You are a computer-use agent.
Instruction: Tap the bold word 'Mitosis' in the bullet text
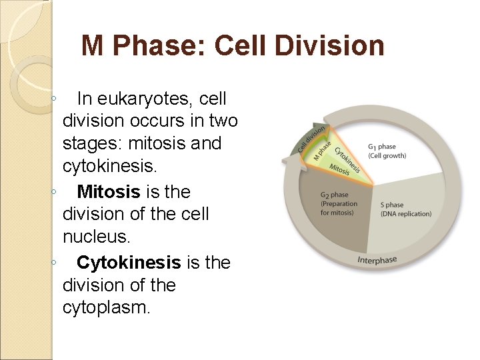pyautogui.click(x=109, y=192)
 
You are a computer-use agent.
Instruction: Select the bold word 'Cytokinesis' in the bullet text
pyautogui.click(x=129, y=263)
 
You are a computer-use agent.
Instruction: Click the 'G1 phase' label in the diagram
pyautogui.click(x=382, y=146)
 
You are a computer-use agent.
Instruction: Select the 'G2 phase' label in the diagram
pyautogui.click(x=335, y=195)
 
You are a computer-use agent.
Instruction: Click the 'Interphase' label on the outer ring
pyautogui.click(x=377, y=259)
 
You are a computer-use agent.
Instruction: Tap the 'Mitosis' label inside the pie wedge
pyautogui.click(x=339, y=170)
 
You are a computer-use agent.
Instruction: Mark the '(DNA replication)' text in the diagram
pyautogui.click(x=405, y=214)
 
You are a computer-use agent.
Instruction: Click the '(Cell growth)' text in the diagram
pyautogui.click(x=387, y=155)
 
